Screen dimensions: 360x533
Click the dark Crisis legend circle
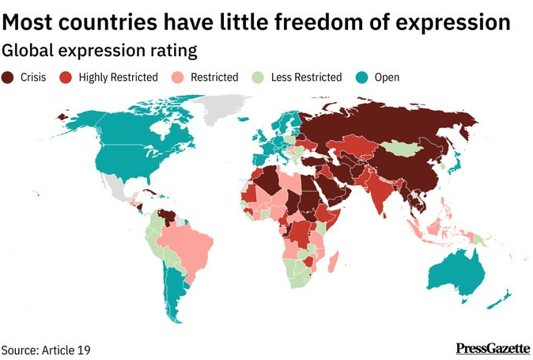click(9, 78)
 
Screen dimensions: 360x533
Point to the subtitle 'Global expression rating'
click(98, 50)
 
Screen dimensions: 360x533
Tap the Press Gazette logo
click(493, 348)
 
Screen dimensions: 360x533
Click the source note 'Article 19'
click(70, 349)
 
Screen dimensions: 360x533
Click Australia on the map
click(455, 273)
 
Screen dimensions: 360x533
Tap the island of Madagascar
click(335, 261)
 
